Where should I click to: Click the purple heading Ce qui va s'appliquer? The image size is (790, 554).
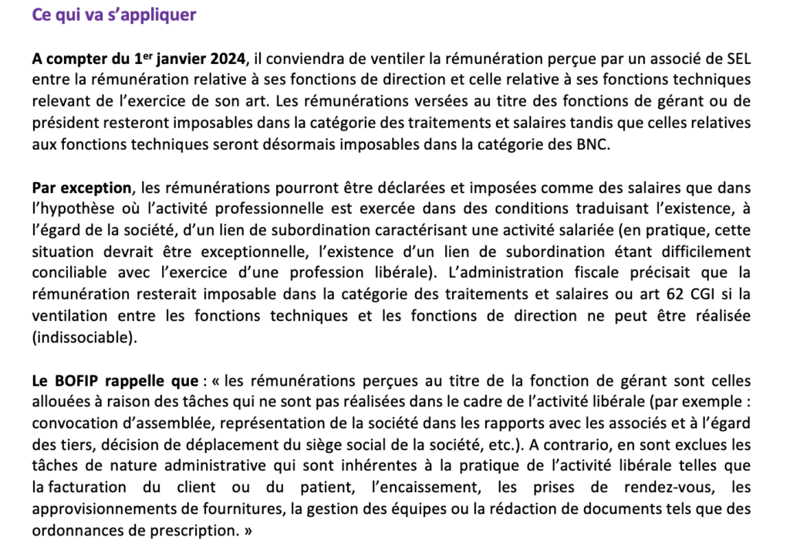[x=114, y=15]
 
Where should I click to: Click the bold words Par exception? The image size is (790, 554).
[x=82, y=187]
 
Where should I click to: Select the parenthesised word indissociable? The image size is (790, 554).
[x=87, y=336]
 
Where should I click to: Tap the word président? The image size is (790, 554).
[x=64, y=122]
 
